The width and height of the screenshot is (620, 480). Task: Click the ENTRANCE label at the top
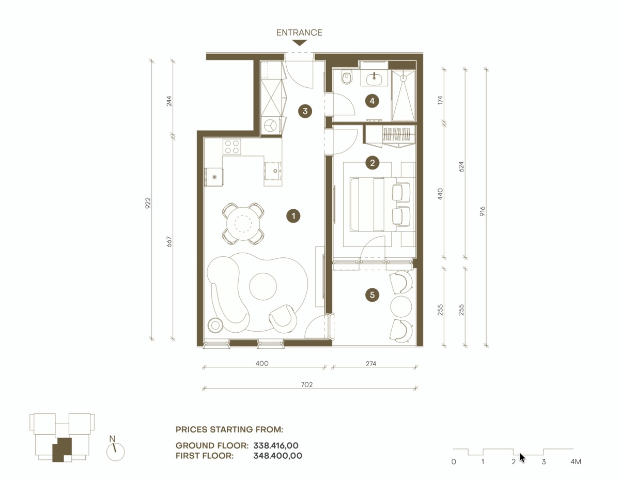pyautogui.click(x=299, y=33)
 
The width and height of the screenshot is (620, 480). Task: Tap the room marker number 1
pyautogui.click(x=293, y=216)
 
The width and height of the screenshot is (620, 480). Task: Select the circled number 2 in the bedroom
pyautogui.click(x=371, y=163)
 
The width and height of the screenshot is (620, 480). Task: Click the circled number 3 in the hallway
pyautogui.click(x=305, y=111)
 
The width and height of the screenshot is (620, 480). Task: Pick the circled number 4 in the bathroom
pyautogui.click(x=371, y=101)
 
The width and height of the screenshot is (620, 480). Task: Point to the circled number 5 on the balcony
pyautogui.click(x=371, y=295)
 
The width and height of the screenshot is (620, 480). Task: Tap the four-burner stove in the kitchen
pyautogui.click(x=231, y=147)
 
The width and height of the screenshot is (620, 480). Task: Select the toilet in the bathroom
pyautogui.click(x=347, y=78)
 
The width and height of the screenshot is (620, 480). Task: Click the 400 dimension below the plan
pyautogui.click(x=262, y=364)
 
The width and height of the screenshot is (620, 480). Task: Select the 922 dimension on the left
pyautogui.click(x=148, y=202)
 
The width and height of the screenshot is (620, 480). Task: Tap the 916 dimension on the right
pyautogui.click(x=483, y=212)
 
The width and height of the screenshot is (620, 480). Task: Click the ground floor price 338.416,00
pyautogui.click(x=276, y=445)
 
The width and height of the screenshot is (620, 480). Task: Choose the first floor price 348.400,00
pyautogui.click(x=277, y=456)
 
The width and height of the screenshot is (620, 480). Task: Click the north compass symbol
pyautogui.click(x=115, y=451)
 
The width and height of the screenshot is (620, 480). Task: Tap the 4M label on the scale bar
pyautogui.click(x=576, y=461)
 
